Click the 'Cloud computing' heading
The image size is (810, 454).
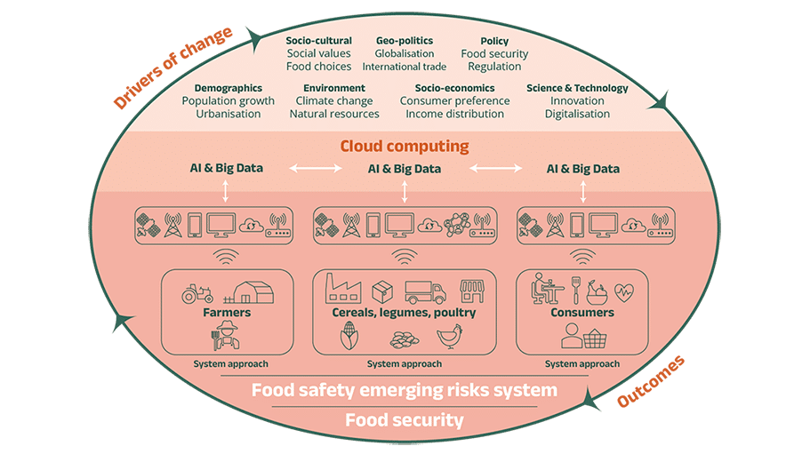click(x=405, y=147)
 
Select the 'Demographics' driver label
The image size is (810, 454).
click(x=229, y=88)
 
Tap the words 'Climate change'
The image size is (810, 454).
click(x=334, y=101)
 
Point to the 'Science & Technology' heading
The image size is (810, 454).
click(x=577, y=88)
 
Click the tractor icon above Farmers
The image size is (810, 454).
click(x=197, y=293)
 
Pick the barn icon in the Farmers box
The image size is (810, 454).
click(x=249, y=292)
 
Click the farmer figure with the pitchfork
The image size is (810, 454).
click(x=226, y=335)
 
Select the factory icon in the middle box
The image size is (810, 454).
click(x=343, y=289)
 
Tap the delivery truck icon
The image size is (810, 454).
click(x=425, y=292)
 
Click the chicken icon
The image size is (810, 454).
click(x=449, y=337)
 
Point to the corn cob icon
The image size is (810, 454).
click(x=349, y=336)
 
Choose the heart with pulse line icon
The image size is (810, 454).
click(x=624, y=292)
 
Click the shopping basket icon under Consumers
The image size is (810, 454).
click(x=595, y=339)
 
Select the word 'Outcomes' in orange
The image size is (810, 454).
click(x=651, y=381)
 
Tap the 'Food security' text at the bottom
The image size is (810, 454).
click(x=405, y=420)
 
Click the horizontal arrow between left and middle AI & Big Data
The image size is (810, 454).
click(x=316, y=168)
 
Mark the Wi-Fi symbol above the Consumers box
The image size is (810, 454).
click(x=582, y=257)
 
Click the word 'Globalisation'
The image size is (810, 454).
click(x=405, y=53)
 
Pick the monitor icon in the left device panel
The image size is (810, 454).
click(x=221, y=226)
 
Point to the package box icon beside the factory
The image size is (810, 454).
click(x=382, y=292)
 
